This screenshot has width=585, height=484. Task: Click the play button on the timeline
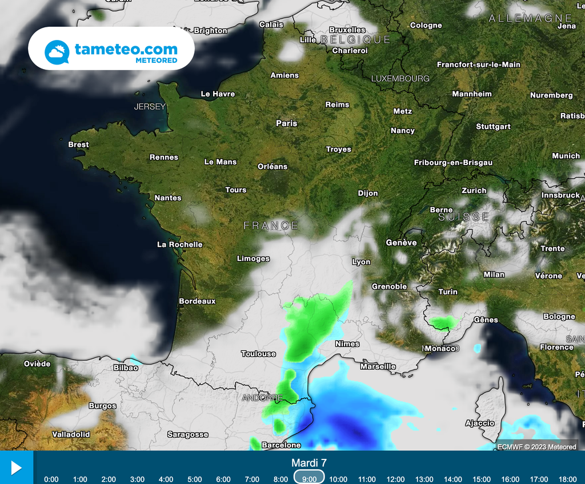tap(16, 468)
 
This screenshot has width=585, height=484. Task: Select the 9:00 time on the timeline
tap(309, 479)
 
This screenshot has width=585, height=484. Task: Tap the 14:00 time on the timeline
tap(453, 479)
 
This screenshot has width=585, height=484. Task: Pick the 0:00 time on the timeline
tap(51, 479)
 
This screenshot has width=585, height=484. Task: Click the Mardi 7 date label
tap(309, 462)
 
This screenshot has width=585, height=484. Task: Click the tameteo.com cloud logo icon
tap(57, 53)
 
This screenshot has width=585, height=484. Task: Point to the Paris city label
tap(287, 123)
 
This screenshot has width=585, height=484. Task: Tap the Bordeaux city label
tap(197, 301)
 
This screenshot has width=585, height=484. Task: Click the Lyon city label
tap(361, 262)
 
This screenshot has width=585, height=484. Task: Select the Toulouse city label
tap(258, 354)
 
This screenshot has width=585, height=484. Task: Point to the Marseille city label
tap(378, 366)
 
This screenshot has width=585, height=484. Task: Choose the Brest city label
tap(78, 144)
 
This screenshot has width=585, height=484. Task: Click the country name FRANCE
tap(271, 225)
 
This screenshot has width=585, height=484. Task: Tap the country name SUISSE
tap(464, 217)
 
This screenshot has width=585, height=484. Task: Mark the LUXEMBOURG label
tap(400, 78)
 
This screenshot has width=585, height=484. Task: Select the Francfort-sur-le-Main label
tap(479, 64)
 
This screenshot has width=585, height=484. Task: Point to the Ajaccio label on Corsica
tap(479, 423)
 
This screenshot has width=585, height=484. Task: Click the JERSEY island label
tap(150, 106)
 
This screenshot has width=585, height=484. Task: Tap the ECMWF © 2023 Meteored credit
tap(536, 447)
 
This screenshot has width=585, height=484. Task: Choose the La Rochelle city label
tap(180, 244)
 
